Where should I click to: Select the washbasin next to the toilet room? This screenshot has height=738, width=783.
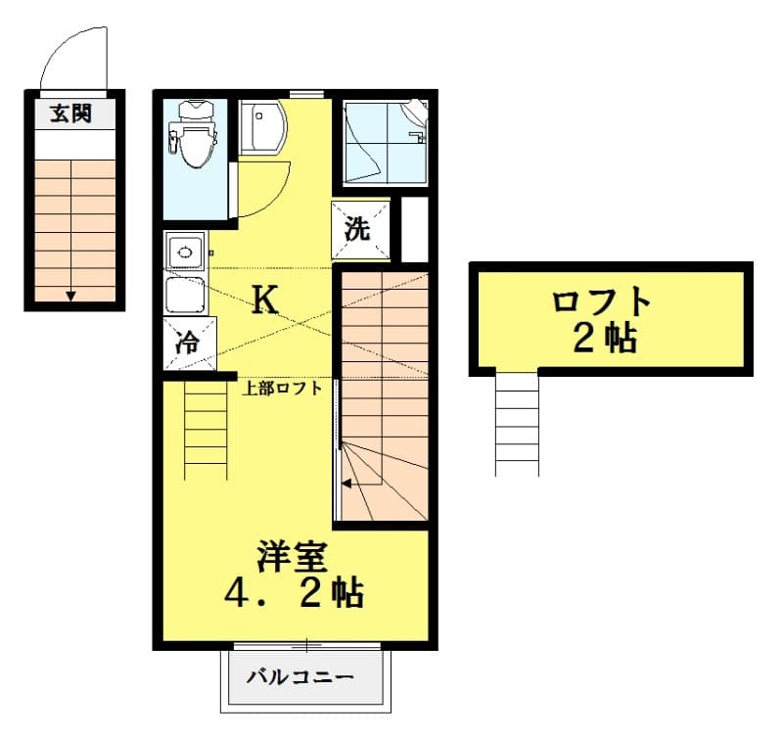(261, 126)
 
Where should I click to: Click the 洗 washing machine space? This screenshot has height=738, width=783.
(358, 229)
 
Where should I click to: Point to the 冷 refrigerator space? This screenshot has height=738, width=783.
(186, 342)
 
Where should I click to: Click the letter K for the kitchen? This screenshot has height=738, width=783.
(264, 300)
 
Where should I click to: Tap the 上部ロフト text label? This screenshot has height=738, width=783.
(283, 388)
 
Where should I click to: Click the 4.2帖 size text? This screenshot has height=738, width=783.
(294, 593)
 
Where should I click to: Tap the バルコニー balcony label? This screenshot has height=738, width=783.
(299, 676)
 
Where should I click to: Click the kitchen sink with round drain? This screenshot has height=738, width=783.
(184, 253)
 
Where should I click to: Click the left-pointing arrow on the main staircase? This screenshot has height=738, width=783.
(346, 482)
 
